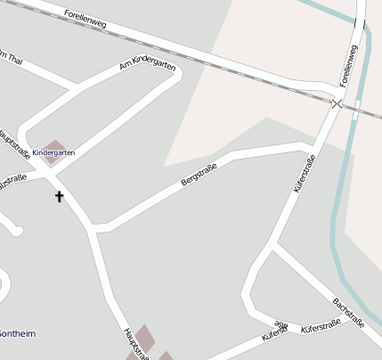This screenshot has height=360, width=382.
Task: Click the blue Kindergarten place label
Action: point(53,153)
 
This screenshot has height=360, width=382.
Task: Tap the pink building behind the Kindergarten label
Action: point(55,145)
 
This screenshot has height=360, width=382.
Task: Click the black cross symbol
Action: point(60,195)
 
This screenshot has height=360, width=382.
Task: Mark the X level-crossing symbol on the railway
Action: point(337,104)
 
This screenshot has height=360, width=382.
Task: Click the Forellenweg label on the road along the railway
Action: point(86,20)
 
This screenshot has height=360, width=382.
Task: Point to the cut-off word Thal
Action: point(11,59)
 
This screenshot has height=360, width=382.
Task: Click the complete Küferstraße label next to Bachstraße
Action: point(321,329)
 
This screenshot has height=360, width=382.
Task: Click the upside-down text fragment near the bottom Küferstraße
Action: point(281,325)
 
